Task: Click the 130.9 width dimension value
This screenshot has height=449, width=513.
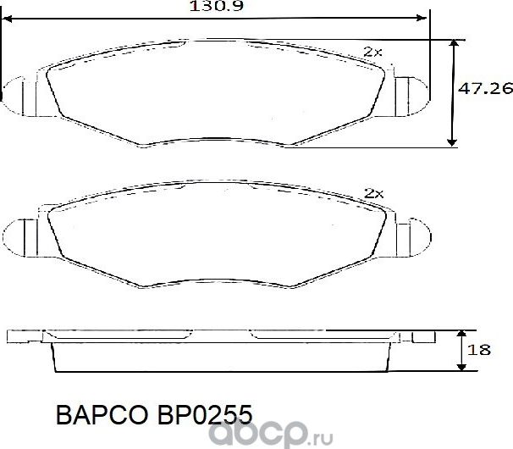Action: click(x=212, y=7)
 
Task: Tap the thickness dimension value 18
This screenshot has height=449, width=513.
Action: click(x=483, y=350)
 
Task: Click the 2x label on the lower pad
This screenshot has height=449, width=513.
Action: click(x=373, y=193)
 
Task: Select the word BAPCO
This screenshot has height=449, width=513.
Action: click(x=99, y=414)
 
